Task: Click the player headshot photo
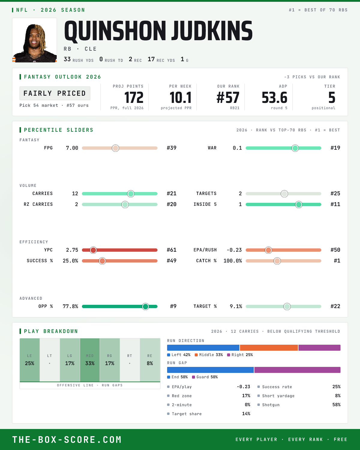tap(34, 40)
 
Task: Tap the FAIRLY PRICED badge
tap(55, 93)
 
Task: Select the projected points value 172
tap(134, 98)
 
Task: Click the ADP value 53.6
tap(274, 98)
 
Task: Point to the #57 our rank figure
tap(228, 98)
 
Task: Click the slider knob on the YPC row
tap(93, 250)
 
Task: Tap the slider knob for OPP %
tap(145, 307)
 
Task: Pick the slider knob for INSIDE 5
tap(299, 205)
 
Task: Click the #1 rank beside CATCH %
tap(337, 261)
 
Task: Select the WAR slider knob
tap(295, 148)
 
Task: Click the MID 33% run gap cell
tap(90, 360)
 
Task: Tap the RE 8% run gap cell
tap(150, 360)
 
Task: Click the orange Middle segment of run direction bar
tap(269, 348)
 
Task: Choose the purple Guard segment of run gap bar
tap(297, 370)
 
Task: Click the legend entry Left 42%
tap(179, 355)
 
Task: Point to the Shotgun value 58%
tap(336, 405)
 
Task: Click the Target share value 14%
tap(246, 414)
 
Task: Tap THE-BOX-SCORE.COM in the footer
tap(67, 440)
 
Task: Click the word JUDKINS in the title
tap(212, 31)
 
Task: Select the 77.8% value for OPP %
tap(70, 307)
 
